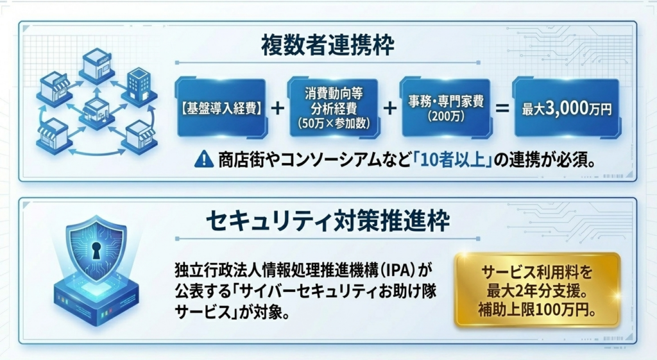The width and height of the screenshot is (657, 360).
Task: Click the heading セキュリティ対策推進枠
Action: point(328,221)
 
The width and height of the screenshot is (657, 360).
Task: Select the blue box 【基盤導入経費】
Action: point(221,108)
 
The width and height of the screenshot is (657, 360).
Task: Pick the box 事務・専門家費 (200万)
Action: point(446,108)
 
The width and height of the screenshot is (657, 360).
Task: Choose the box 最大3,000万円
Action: point(567,108)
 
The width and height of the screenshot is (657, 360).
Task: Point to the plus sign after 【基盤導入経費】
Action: point(277,108)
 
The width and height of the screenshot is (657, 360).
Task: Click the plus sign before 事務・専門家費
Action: point(389,108)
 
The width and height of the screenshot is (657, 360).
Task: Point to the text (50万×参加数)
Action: point(333,123)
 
